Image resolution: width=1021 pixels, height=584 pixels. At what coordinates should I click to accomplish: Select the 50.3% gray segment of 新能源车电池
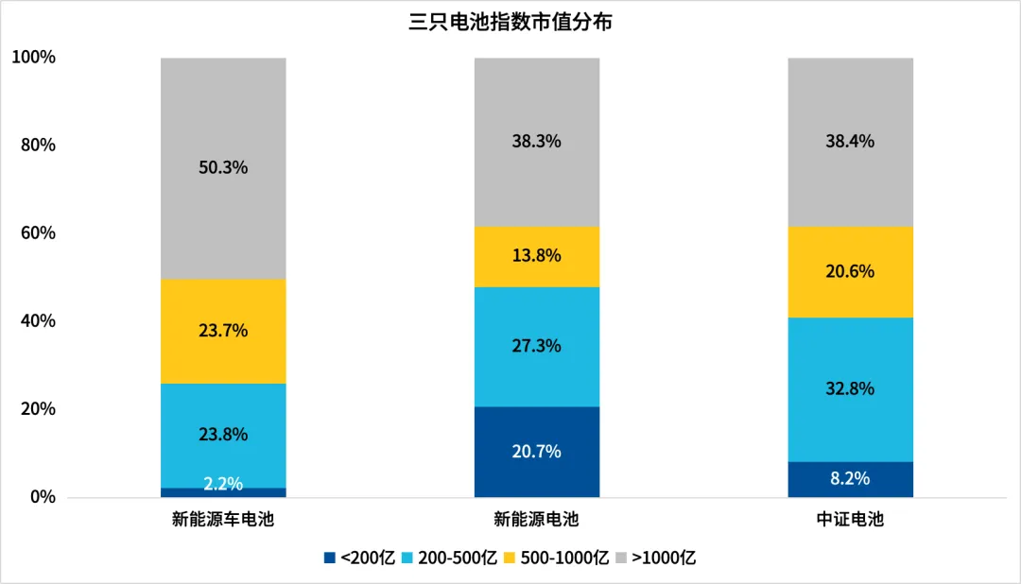pos(223,168)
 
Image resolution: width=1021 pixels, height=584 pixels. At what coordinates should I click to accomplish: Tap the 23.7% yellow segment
pos(223,331)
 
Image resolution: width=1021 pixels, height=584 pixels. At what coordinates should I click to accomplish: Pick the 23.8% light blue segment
pos(223,435)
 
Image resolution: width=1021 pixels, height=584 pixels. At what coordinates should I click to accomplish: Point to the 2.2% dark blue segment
pos(223,492)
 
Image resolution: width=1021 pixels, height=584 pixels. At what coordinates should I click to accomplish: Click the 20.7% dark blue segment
pos(537,452)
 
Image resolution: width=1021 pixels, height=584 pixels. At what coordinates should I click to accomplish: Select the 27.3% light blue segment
pos(537,346)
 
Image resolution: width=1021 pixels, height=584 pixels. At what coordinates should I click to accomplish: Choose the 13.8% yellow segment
pos(537,256)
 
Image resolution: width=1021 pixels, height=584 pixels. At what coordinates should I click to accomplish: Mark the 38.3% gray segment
pos(537,142)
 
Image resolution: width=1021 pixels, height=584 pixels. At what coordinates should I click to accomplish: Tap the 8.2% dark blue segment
pos(851,479)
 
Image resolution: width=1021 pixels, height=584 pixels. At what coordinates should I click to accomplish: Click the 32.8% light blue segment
pos(851,388)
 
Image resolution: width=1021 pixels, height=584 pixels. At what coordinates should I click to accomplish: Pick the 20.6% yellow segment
pos(851,271)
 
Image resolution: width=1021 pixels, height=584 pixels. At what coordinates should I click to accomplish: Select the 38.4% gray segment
pos(851,142)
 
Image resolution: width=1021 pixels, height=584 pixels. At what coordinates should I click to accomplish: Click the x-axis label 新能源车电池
pos(223,520)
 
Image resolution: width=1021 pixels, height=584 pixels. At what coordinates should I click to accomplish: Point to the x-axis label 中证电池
pos(851,520)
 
